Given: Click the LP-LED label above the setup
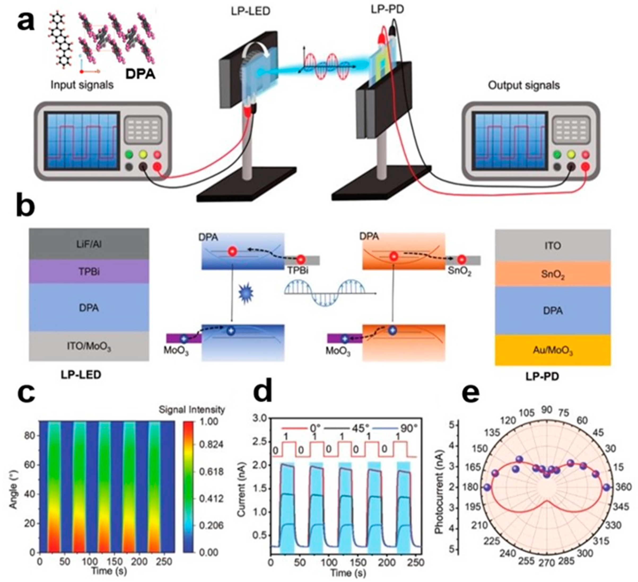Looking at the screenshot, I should pyautogui.click(x=250, y=11).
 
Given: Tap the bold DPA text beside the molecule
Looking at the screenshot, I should pyautogui.click(x=141, y=74).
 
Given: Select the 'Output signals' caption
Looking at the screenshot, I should pyautogui.click(x=524, y=85).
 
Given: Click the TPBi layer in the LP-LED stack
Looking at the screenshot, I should pyautogui.click(x=89, y=272).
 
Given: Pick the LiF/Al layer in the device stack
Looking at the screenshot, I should pyautogui.click(x=89, y=244).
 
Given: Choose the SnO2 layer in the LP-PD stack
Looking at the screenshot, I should pyautogui.click(x=553, y=274).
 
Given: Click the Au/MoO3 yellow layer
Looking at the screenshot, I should pyautogui.click(x=553, y=350).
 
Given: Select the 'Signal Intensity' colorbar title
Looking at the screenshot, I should pyautogui.click(x=191, y=410).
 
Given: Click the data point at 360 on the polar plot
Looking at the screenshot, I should pyautogui.click(x=606, y=487).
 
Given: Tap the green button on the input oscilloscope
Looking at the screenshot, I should pyautogui.click(x=129, y=155).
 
